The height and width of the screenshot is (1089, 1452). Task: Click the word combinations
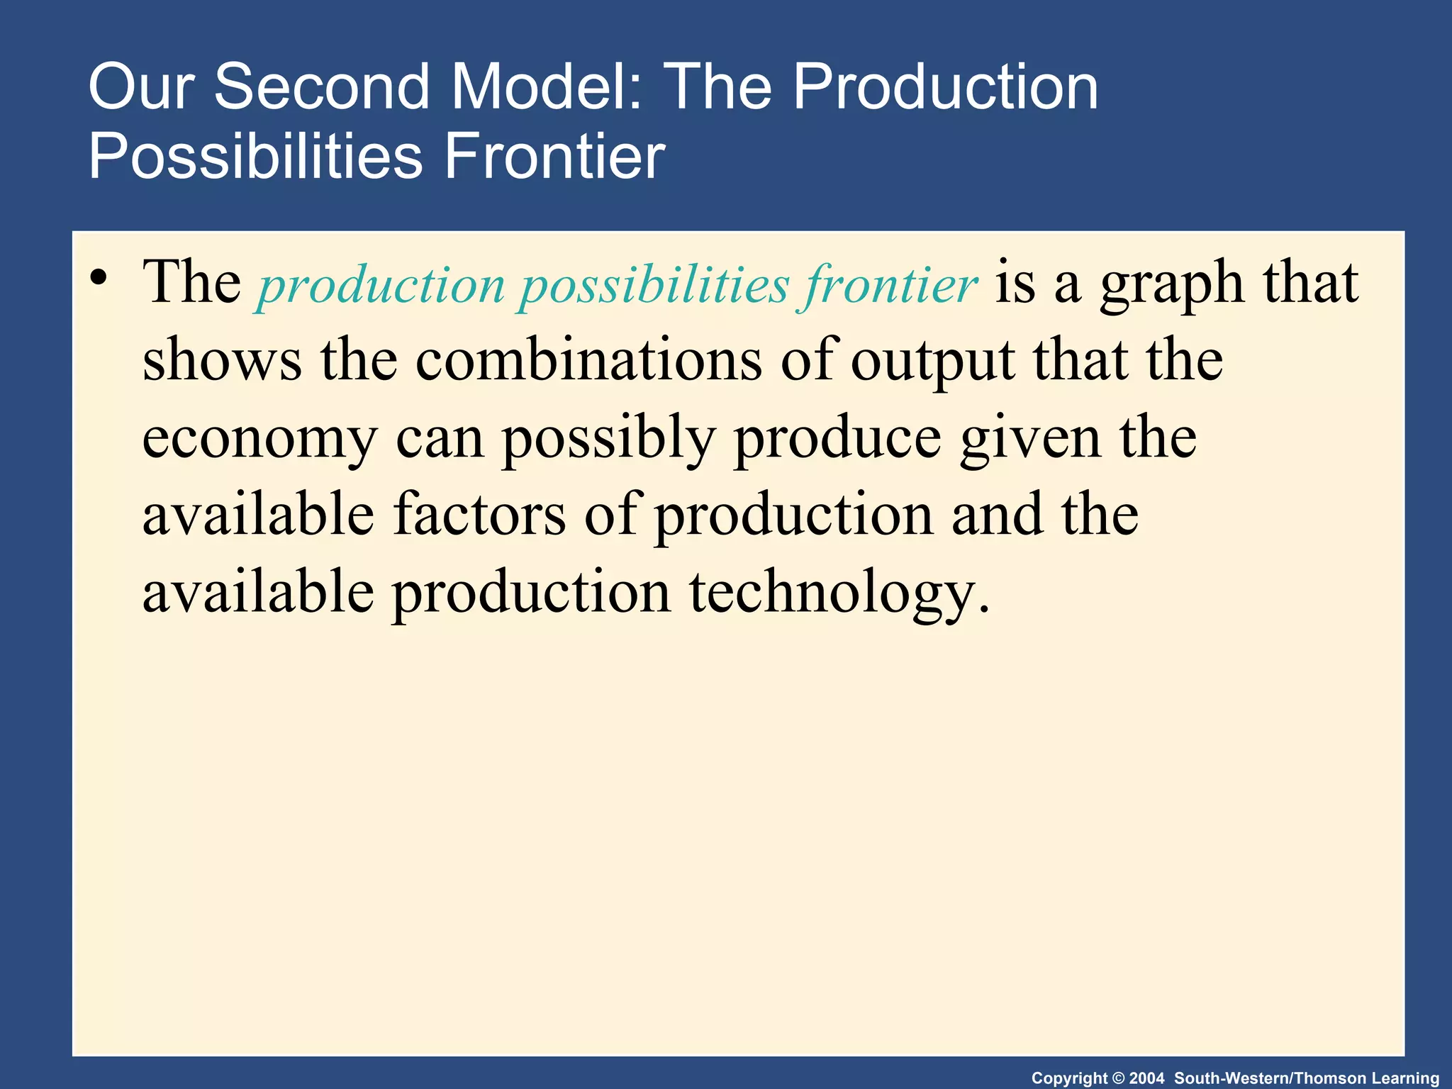click(588, 360)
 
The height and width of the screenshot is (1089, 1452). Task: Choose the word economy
click(259, 438)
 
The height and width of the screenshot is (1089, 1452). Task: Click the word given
click(1031, 438)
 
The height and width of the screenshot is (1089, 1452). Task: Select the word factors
click(479, 515)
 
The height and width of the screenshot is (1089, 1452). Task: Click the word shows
click(222, 360)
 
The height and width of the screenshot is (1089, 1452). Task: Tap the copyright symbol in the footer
click(1119, 1078)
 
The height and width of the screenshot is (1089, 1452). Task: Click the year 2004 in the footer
click(1146, 1078)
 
